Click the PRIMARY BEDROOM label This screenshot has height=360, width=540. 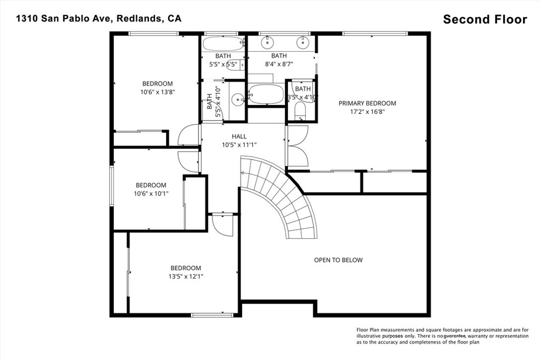367,103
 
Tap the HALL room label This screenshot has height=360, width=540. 239,137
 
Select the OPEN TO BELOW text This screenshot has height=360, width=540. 338,260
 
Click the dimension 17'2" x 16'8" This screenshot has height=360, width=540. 367,112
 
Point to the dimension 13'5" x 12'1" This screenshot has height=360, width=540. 186,276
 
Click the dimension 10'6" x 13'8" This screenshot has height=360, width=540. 157,92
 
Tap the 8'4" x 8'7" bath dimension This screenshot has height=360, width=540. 278,64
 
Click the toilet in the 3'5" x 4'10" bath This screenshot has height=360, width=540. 300,110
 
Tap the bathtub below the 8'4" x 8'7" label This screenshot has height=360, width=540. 266,94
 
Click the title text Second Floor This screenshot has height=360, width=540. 485,20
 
